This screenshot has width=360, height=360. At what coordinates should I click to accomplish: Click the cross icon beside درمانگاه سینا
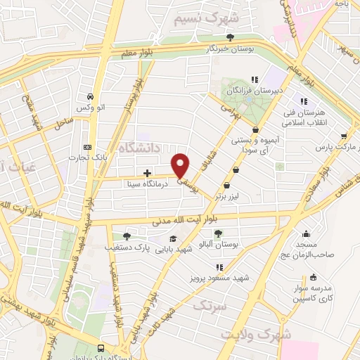click(x=147, y=172)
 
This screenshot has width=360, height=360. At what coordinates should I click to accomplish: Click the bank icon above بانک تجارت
click(x=86, y=147)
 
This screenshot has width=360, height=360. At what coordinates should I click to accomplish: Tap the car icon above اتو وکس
click(x=90, y=97)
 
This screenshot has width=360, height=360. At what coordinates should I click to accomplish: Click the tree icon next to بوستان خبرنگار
click(x=240, y=37)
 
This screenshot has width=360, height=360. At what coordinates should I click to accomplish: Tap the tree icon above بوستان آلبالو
click(x=219, y=233)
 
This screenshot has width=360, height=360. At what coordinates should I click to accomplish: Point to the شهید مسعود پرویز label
click(x=220, y=278)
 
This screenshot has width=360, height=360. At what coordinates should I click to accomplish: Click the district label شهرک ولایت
click(x=256, y=334)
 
